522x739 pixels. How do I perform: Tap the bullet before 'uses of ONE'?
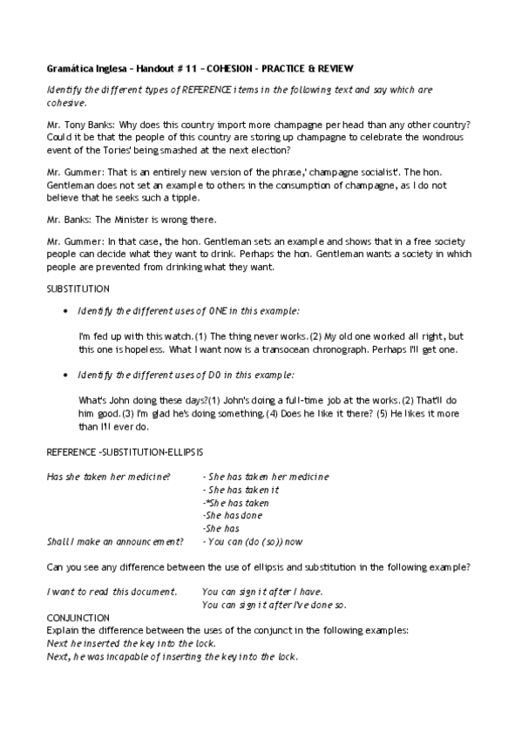point(67,311)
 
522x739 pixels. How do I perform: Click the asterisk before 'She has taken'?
point(206,503)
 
